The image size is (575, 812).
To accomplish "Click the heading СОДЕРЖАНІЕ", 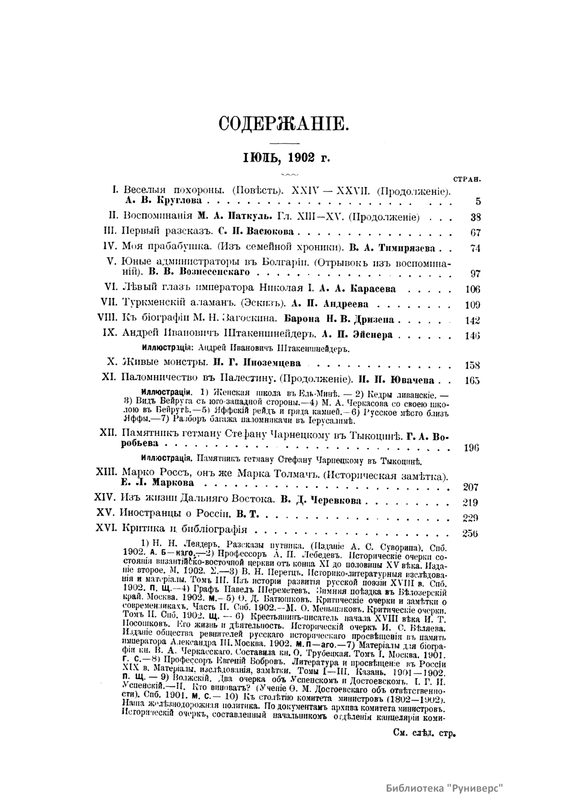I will (282, 124).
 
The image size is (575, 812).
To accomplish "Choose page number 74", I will (475, 248).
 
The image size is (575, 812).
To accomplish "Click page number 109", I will (473, 305).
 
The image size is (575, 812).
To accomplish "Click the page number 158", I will (473, 365).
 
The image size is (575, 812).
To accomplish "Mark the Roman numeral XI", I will (110, 380).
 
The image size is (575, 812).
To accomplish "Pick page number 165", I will (473, 381).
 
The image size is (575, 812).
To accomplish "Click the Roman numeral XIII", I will (106, 472).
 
